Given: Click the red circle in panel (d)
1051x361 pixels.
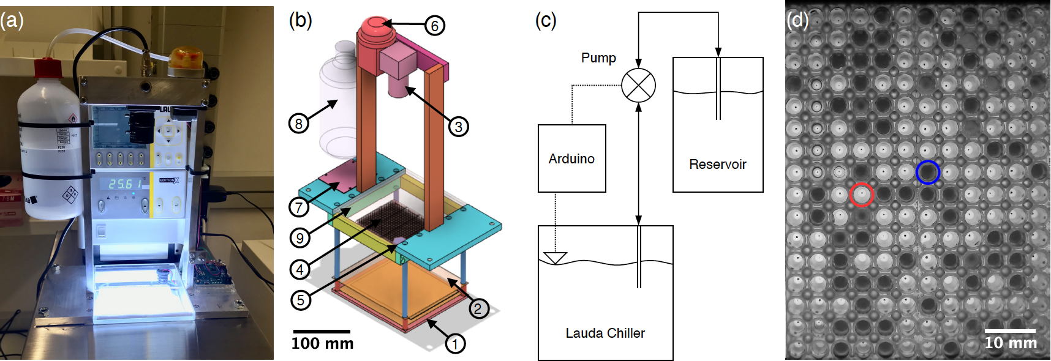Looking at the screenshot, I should [862, 195].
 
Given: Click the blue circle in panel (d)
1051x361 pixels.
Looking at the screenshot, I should [928, 173].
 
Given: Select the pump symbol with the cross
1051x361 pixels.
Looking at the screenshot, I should [638, 85].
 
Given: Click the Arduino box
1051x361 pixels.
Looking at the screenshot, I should [571, 158].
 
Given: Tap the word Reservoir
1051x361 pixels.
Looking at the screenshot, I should [717, 164].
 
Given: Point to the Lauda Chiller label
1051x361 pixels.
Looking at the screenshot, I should [605, 333].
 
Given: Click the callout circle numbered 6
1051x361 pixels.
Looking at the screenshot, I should [434, 26].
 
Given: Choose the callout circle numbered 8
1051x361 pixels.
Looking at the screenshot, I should [298, 124].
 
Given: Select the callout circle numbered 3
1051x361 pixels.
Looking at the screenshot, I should [458, 127].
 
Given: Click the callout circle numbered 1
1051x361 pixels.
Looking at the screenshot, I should [454, 344].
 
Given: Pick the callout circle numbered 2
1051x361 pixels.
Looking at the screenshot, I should [478, 308].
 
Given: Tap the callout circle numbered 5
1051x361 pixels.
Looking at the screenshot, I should [300, 300].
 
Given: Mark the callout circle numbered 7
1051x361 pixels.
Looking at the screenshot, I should [299, 207].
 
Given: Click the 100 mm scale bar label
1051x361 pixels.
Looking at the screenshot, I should [322, 343].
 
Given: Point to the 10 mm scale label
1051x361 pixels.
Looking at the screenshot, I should [1011, 343].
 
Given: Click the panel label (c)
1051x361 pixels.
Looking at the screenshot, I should [545, 20].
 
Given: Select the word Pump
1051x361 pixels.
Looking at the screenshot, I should [598, 58].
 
